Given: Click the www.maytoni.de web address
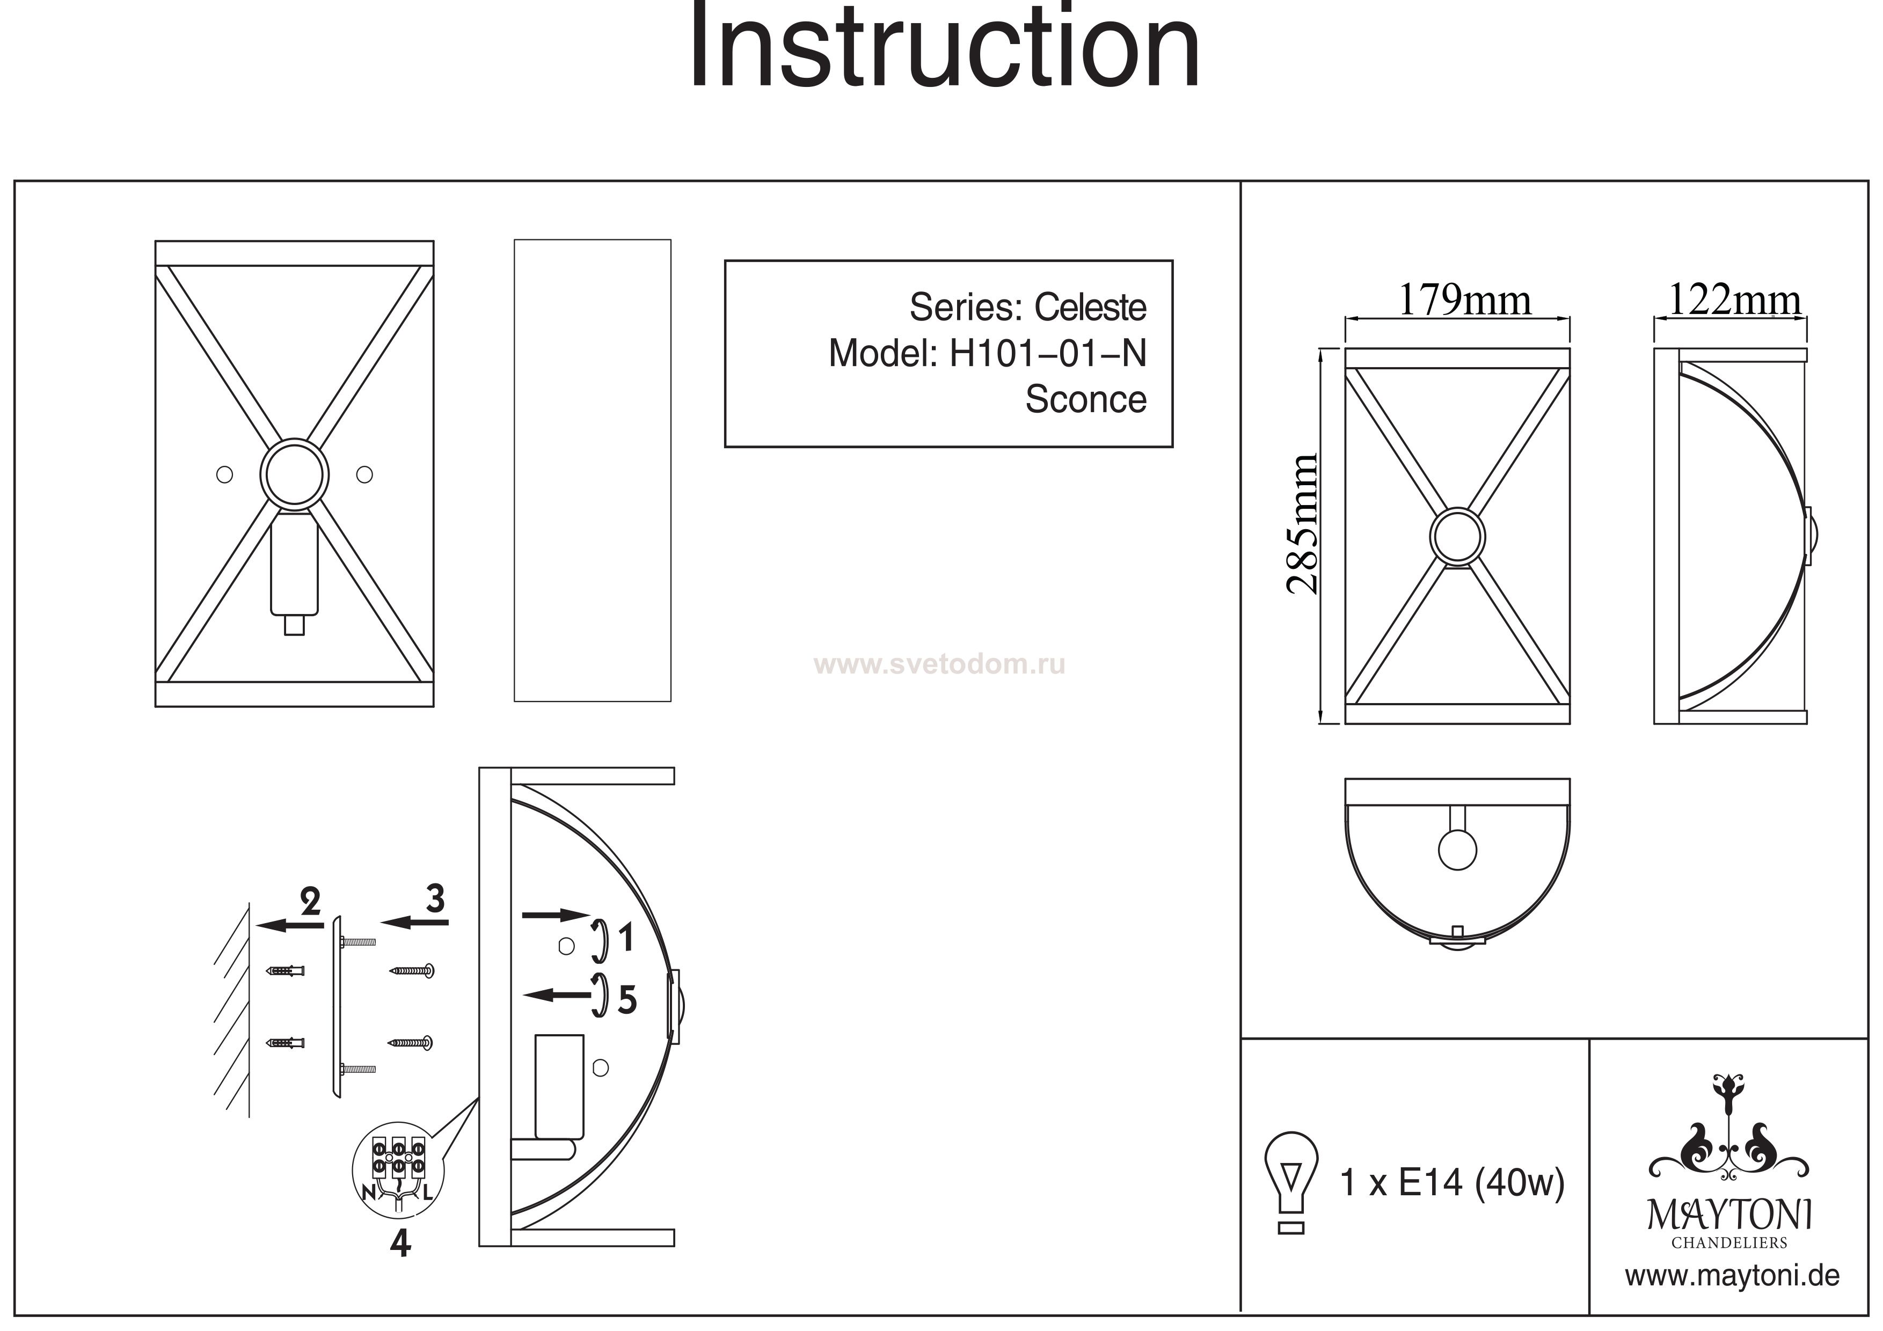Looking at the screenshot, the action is click(x=1732, y=1277).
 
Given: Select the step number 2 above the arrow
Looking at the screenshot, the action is click(x=310, y=902).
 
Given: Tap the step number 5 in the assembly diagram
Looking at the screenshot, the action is click(x=627, y=1000).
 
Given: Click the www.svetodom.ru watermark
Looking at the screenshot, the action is click(x=940, y=664).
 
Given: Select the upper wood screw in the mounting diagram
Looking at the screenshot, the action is click(x=411, y=972).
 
